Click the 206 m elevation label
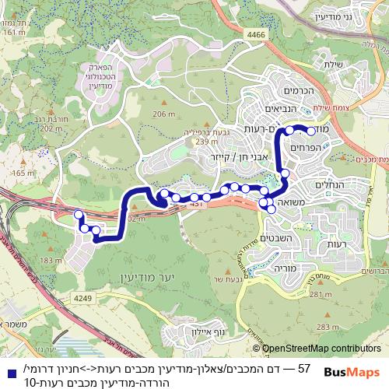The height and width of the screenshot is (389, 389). [x=163, y=114]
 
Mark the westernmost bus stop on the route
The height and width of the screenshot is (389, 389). [x=78, y=215]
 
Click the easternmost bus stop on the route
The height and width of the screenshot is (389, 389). [x=310, y=131]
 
